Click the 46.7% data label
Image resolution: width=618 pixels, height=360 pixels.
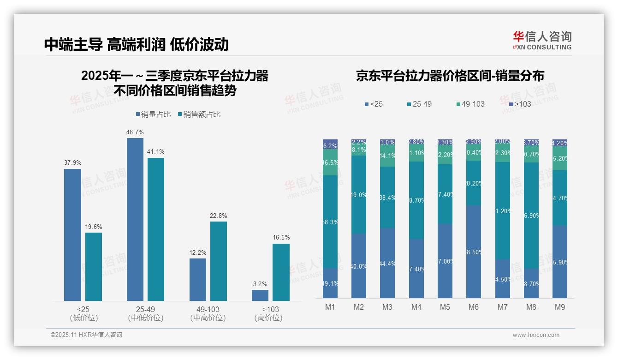[x=135, y=132]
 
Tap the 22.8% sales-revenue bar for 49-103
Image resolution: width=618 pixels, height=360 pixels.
[x=219, y=261]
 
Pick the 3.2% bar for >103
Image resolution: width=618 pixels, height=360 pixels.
[x=260, y=295]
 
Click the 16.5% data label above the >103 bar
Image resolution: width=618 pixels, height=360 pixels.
[x=281, y=237]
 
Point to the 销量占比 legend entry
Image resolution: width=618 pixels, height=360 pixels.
[x=155, y=114]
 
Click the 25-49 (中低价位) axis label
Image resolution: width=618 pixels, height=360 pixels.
[x=146, y=313]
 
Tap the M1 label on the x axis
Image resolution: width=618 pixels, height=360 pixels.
[x=330, y=307]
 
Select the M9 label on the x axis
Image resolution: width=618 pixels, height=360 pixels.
[x=560, y=307]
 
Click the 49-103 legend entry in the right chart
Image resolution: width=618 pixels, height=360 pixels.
[x=470, y=104]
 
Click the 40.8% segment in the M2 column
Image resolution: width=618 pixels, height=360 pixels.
[x=359, y=266]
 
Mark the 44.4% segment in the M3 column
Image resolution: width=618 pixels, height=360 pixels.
[x=387, y=263]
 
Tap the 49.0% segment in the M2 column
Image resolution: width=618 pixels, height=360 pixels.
[x=359, y=194]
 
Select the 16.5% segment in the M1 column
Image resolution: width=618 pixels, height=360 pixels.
[x=330, y=162]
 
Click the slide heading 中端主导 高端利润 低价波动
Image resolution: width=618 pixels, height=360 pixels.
[x=137, y=44]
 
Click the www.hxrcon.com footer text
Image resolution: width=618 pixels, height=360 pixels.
[x=536, y=335]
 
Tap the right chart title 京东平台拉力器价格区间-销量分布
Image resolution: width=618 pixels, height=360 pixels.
[x=450, y=76]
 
